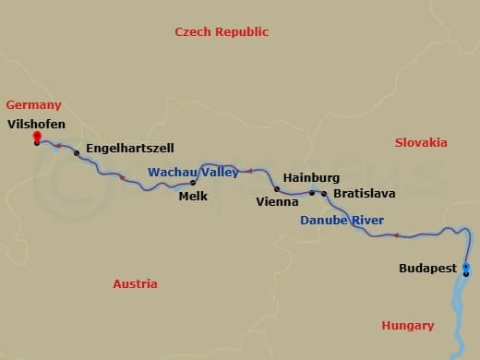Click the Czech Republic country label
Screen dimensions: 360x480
(222, 31)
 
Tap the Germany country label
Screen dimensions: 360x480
(33, 105)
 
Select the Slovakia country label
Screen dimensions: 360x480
(421, 142)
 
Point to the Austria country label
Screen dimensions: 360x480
(135, 284)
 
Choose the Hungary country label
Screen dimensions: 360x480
(407, 325)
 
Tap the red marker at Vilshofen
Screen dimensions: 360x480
(37, 138)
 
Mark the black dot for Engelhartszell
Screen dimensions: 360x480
(77, 152)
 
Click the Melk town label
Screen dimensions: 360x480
(193, 197)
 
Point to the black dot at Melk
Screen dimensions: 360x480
(193, 183)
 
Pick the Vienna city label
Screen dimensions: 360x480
(277, 200)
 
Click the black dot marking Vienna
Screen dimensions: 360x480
(277, 188)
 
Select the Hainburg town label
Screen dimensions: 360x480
(311, 177)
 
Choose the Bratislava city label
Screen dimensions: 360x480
(364, 194)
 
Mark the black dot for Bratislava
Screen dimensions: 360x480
(324, 194)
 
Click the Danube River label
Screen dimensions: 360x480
(342, 221)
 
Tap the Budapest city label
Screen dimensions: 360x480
(427, 269)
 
